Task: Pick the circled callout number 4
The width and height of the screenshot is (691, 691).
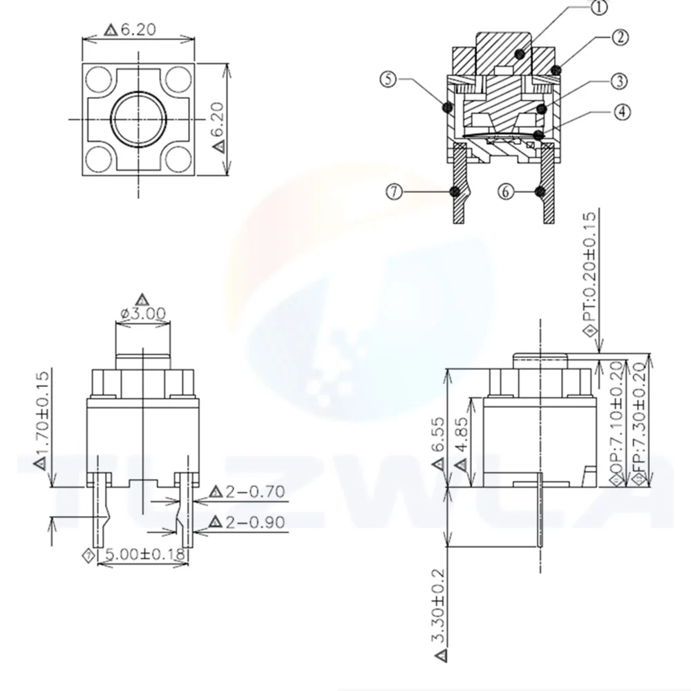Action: tap(622, 111)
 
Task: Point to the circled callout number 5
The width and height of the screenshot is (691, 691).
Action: tap(389, 79)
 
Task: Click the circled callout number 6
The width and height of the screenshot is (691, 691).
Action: tap(507, 191)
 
